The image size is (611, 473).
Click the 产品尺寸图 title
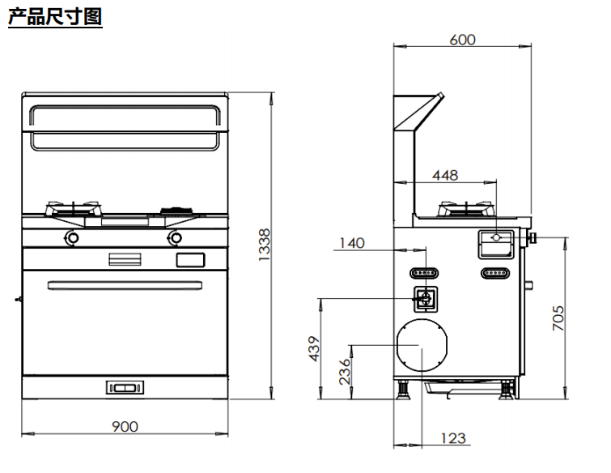(55, 16)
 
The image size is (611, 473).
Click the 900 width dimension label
(125, 427)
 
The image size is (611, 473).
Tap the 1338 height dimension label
(264, 245)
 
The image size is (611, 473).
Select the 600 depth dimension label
(463, 40)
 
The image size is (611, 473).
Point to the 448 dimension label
(445, 176)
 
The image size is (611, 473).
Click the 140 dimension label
(352, 243)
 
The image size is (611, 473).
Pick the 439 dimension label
(314, 348)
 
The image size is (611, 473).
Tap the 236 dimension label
(345, 372)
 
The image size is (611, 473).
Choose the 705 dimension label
(558, 318)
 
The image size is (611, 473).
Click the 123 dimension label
(453, 438)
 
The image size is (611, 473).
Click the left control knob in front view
(72, 238)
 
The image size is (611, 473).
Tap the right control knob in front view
(175, 238)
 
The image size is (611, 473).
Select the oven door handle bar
(125, 285)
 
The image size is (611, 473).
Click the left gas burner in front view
(74, 209)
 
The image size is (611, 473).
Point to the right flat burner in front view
(177, 211)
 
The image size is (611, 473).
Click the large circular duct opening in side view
(422, 345)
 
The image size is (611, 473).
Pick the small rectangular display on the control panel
(190, 260)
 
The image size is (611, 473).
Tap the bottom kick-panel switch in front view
(125, 388)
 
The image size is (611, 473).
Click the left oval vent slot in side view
(424, 273)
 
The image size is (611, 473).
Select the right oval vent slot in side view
(495, 273)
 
